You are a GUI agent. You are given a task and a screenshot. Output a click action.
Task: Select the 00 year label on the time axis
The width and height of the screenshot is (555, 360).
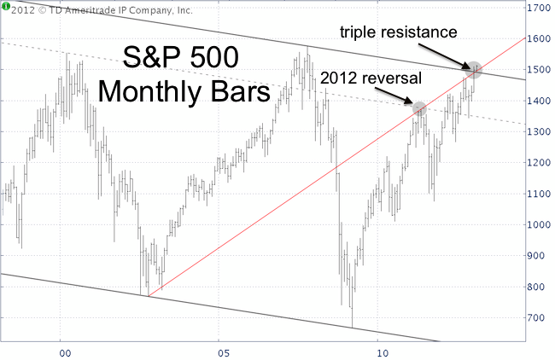[x=62, y=351]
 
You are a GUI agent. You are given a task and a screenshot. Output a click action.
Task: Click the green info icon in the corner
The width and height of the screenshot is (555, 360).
[x=6, y=7]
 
